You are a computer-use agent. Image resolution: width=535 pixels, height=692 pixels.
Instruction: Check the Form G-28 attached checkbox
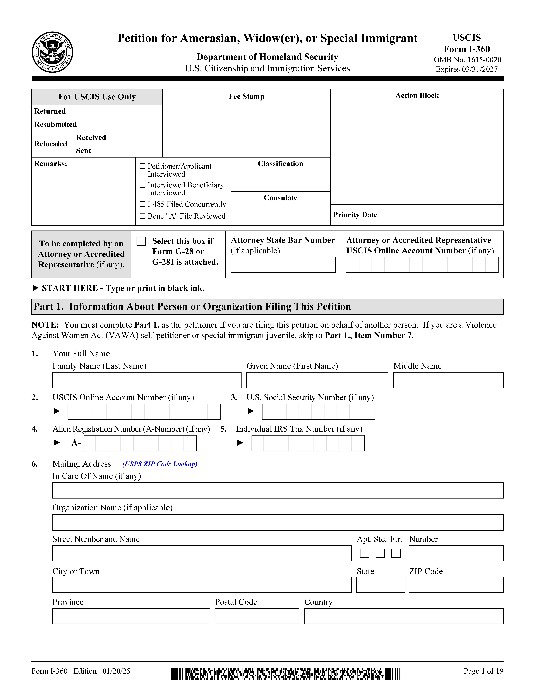tap(141, 241)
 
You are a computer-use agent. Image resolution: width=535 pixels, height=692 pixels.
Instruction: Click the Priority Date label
tap(355, 215)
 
